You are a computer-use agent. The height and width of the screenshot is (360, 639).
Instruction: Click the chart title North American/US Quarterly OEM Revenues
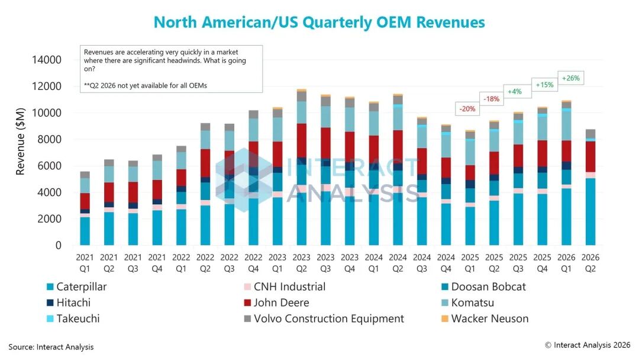[x=319, y=22]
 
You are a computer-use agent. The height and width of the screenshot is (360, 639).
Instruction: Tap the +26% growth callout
[x=570, y=78]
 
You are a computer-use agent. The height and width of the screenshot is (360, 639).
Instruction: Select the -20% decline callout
[x=467, y=109]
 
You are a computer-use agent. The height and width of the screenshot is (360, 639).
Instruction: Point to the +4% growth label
[x=515, y=91]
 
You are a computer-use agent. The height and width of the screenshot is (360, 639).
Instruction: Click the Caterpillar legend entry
[x=76, y=287]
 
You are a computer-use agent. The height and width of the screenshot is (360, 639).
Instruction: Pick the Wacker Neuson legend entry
[x=485, y=319]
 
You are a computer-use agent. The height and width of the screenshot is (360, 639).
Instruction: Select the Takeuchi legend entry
[x=73, y=319]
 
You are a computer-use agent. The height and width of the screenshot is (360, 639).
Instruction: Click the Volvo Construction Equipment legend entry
[x=324, y=319]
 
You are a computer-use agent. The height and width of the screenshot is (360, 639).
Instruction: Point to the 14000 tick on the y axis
[x=47, y=60]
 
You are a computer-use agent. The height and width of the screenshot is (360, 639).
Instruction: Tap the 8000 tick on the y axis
[x=50, y=139]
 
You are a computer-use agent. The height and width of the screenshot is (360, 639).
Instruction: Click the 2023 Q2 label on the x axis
[x=301, y=263]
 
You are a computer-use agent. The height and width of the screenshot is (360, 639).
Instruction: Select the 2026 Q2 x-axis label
[x=590, y=263]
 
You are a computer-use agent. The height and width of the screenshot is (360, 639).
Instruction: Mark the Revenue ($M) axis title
[x=20, y=142]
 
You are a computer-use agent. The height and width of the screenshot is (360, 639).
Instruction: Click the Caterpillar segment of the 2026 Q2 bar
[x=590, y=211]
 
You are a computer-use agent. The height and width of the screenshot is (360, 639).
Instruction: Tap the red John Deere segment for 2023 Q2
[x=301, y=141]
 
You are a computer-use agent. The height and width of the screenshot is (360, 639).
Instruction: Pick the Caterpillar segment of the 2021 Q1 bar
[x=85, y=231]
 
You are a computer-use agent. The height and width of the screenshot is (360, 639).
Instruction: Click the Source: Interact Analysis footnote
[x=51, y=347]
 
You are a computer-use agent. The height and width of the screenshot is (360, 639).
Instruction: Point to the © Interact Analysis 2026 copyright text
[x=588, y=345]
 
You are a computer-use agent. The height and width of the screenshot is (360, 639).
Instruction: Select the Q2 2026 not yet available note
[x=146, y=86]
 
